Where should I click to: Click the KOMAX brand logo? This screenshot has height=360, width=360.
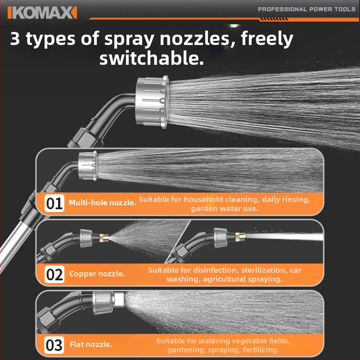coord(42,13)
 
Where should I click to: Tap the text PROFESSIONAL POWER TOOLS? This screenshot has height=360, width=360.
coord(306,9)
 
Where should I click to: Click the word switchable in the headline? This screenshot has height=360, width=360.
coord(152,58)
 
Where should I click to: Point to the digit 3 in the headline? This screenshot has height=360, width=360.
coord(15,38)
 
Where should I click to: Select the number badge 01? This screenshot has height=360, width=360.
coord(54,203)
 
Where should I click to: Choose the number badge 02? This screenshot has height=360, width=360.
coord(54,274)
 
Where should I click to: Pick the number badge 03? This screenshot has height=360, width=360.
coord(54,345)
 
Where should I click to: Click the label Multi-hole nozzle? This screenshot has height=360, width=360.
coord(103,202)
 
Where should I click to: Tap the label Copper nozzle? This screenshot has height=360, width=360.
coord(97,274)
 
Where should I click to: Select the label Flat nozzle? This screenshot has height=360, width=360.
coord(91,344)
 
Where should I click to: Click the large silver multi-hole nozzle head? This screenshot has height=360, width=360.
coord(152,102)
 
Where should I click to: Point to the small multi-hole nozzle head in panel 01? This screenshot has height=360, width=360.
coord(87,166)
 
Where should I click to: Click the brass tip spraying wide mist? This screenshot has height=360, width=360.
coord(104,238)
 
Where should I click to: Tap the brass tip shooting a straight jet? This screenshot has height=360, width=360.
coord(240,237)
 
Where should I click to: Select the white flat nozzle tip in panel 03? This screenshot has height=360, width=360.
coord(119,300)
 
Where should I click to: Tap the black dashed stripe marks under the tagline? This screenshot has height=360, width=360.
coord(274,19)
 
